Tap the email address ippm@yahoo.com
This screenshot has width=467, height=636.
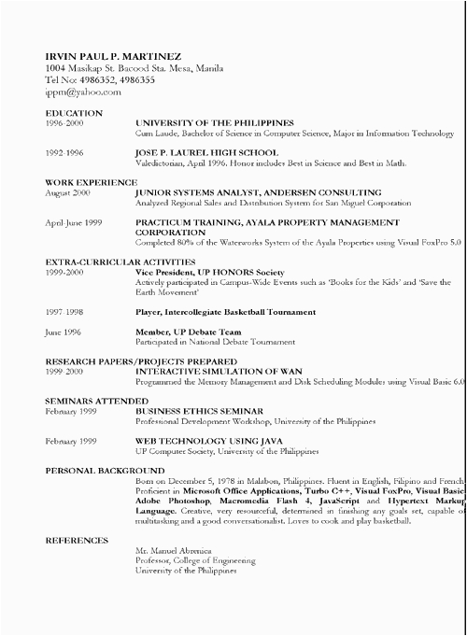(82, 92)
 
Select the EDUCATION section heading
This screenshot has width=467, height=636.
(73, 113)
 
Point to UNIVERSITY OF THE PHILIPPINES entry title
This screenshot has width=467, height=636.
(215, 123)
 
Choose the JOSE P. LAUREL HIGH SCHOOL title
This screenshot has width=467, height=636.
(206, 152)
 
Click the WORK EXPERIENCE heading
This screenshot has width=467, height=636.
(91, 182)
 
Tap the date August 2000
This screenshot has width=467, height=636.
(68, 192)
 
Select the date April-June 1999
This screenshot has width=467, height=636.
(73, 222)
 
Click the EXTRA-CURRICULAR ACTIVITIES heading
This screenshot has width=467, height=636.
(120, 262)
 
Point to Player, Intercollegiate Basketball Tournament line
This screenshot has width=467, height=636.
(225, 312)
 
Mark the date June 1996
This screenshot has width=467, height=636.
(64, 332)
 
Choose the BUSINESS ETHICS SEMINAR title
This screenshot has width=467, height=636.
(199, 411)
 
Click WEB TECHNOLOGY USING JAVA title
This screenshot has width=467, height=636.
(205, 441)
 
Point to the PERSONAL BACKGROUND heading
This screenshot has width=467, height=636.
(105, 470)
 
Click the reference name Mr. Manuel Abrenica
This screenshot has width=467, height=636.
(173, 551)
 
